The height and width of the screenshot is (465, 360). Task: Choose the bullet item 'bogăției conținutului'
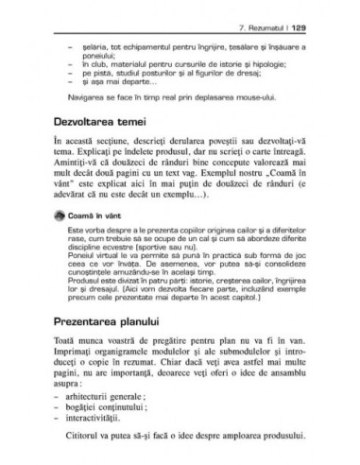pyautogui.click(x=109, y=410)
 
